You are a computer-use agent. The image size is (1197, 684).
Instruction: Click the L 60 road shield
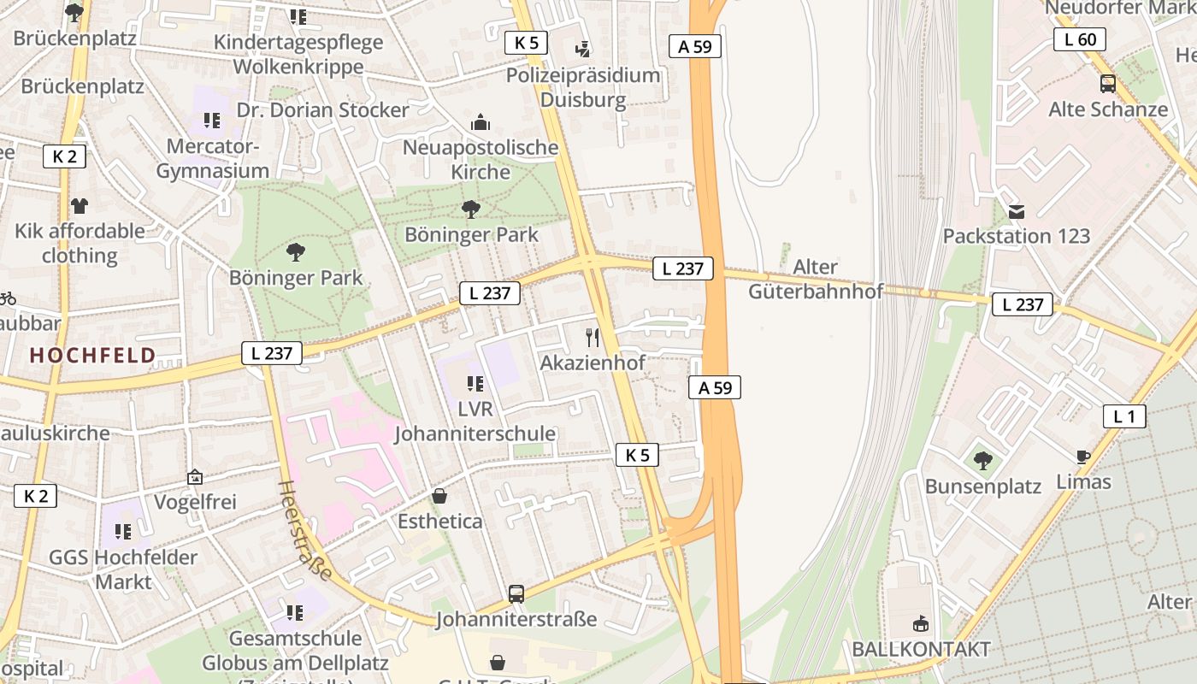(1080, 39)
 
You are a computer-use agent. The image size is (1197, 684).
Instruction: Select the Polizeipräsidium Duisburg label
(583, 87)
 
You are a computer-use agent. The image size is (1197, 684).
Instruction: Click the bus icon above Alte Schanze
(1108, 84)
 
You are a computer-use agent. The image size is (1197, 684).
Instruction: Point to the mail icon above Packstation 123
(1017, 211)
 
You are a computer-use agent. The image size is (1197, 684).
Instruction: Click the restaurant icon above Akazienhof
(592, 338)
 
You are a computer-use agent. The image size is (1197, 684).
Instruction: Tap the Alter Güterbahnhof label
(815, 279)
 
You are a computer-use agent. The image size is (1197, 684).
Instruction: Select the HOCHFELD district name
(93, 356)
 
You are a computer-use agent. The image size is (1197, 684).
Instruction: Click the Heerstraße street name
(304, 530)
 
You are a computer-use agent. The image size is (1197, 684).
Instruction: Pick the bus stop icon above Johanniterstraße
(516, 593)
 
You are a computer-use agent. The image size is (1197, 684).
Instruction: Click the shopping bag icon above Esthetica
(439, 496)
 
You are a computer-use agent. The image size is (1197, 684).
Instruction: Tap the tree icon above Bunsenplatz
(983, 461)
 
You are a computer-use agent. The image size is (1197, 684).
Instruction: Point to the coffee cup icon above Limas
(1083, 457)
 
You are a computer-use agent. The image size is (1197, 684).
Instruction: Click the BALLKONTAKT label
(921, 649)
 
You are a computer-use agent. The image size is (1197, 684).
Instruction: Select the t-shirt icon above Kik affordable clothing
(80, 205)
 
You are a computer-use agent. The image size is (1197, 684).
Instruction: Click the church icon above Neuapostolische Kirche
(481, 122)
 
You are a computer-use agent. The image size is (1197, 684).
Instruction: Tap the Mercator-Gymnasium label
(212, 158)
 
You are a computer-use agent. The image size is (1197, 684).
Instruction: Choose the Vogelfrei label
(195, 502)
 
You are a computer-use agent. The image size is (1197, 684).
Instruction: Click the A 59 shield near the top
(694, 46)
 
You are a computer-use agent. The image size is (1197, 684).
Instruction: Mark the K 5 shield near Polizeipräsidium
(526, 43)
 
